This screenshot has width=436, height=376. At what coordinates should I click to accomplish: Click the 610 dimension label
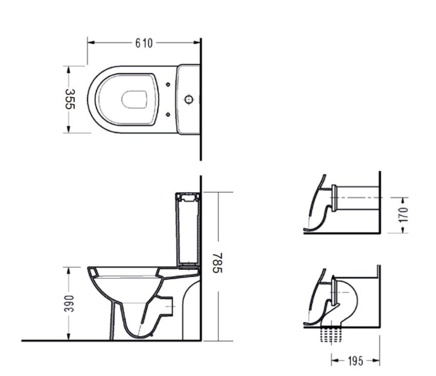coord(144,43)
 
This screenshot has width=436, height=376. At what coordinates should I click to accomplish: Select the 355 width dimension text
coord(70,99)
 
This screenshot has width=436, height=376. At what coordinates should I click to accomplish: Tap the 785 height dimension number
coord(217,263)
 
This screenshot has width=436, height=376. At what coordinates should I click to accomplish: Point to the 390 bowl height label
coord(69,304)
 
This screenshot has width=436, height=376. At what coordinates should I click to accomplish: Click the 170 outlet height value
coord(403,215)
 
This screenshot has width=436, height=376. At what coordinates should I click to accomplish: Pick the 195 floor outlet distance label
coord(355,361)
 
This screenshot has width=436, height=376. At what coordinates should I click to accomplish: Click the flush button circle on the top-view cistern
coord(189,99)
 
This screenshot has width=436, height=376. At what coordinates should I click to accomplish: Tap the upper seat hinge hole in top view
coord(168,85)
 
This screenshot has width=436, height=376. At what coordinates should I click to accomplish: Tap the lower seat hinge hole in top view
coord(168,114)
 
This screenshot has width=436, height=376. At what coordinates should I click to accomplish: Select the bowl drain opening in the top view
coord(134,99)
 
